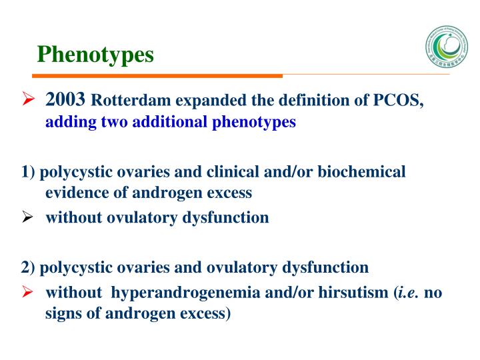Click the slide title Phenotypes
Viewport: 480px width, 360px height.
click(95, 55)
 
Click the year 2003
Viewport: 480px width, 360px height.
click(65, 101)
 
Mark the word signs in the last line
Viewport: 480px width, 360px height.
click(62, 313)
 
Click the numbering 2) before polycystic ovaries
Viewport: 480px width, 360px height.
click(28, 268)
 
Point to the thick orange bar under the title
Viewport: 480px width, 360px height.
click(159, 75)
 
